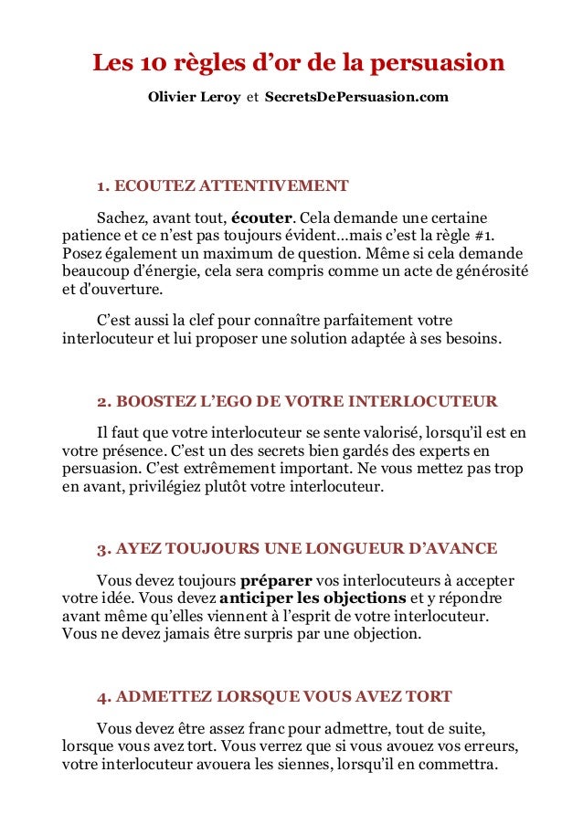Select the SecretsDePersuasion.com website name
tap(356, 96)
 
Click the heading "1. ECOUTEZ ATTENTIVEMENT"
tap(222, 186)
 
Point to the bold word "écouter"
tap(261, 217)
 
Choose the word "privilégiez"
tap(148, 486)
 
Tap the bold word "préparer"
tap(276, 580)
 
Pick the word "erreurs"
tap(490, 746)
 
